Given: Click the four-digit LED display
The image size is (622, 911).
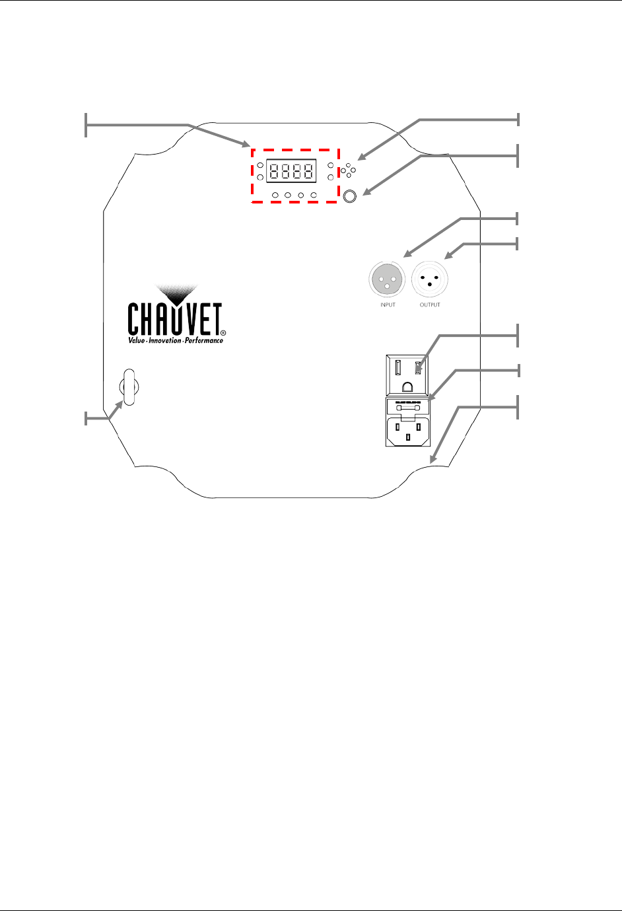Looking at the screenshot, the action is (291, 171).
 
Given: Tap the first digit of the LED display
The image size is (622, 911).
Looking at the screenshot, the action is (274, 171).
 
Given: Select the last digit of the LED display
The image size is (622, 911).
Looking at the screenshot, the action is (308, 171).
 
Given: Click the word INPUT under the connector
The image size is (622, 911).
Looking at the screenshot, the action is (388, 305).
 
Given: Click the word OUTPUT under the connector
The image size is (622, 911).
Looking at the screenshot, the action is (430, 305).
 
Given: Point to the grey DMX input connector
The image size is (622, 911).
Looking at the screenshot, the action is (388, 280).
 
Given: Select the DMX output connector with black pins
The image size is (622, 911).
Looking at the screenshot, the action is (430, 280).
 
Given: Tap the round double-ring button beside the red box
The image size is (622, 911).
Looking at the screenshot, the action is (350, 196).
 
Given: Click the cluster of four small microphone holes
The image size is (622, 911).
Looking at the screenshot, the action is (348, 170).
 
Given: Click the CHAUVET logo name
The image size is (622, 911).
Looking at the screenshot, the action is (174, 320).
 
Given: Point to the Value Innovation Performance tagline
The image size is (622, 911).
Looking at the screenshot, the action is (176, 340).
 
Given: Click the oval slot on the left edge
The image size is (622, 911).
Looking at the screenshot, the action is (128, 387).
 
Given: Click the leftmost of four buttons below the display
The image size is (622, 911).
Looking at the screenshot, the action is (275, 196).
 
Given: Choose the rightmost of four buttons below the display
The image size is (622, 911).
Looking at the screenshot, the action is (314, 196).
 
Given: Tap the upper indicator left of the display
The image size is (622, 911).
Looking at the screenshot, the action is (260, 165).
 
